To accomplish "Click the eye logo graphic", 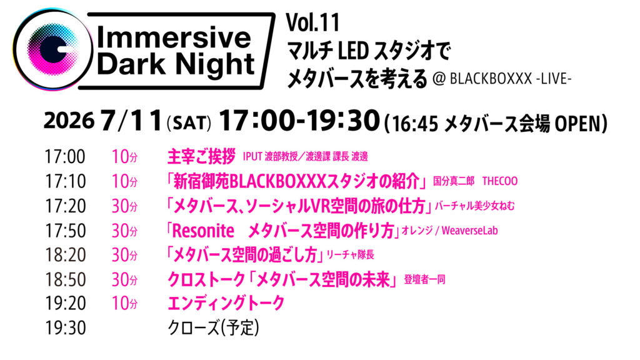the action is pos(52,49).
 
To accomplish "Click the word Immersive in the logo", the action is pos(174,38).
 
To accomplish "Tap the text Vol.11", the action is pos(312,22).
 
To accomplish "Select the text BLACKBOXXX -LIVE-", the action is pos(510,78).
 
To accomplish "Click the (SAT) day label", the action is pos(189,123).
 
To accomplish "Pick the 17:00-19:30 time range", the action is pos(299,121).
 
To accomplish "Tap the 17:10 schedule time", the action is pos(65,182).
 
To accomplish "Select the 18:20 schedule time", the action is pos(65,255).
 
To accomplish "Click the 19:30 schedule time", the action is pos(65,328).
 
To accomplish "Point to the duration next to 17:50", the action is pos(124,231).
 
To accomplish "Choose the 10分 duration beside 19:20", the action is pos(124,304).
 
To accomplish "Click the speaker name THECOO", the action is pos(500,181).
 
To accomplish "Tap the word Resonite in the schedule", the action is pos(203,231).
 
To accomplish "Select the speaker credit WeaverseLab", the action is pos(470,231).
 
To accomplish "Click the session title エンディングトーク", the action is pos(226,303).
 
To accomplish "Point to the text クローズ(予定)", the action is pos(214,328).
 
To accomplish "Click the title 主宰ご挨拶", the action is pos(202,157).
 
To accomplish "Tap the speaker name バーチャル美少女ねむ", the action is pos(474,206).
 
